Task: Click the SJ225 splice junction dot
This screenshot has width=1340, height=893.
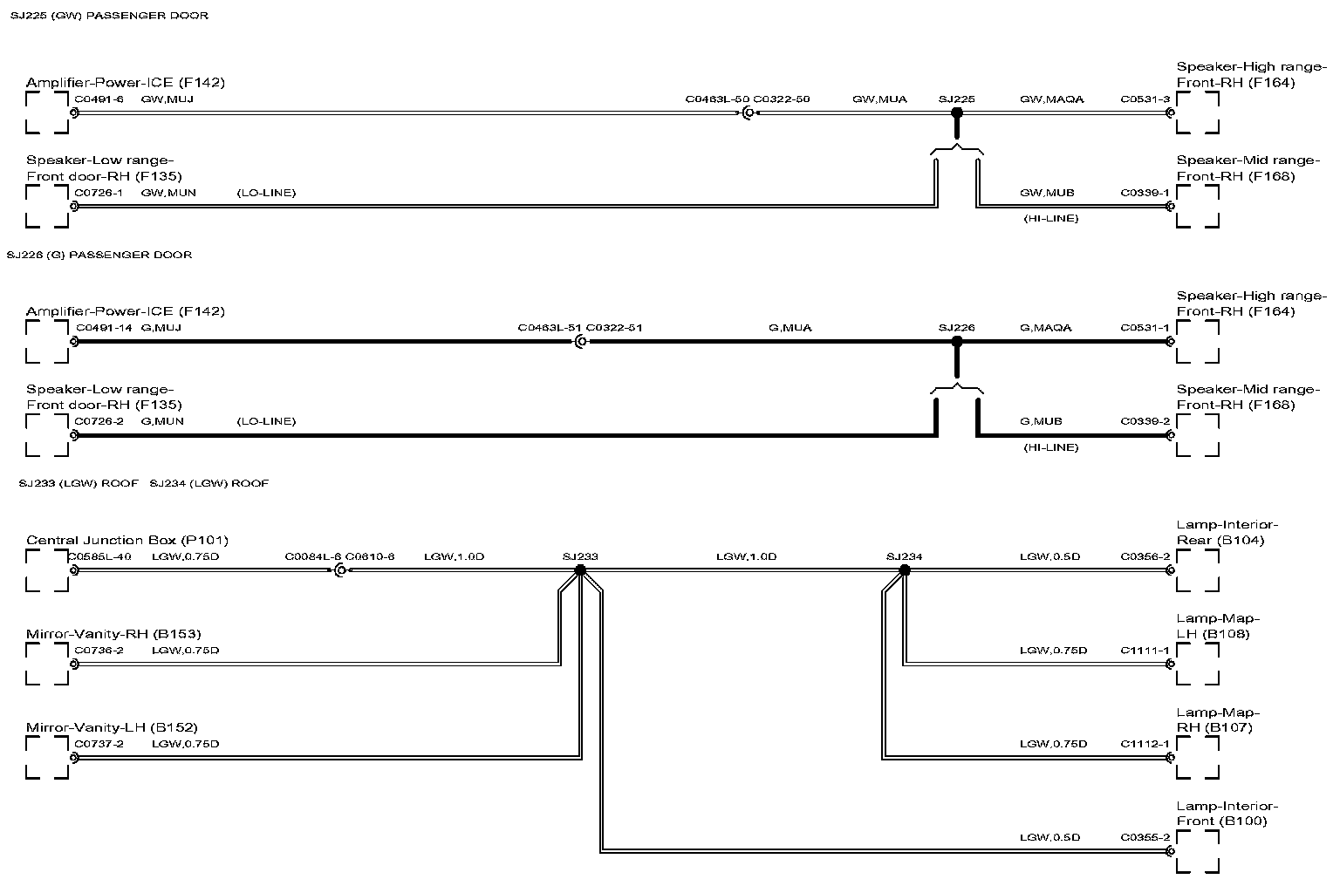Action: point(956,112)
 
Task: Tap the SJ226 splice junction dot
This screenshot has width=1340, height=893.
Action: point(956,342)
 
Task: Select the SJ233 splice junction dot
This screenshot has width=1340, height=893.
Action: point(580,570)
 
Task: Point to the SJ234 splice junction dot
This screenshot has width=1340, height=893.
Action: point(905,570)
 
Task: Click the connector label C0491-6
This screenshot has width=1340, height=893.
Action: point(99,99)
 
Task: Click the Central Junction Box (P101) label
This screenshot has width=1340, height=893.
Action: point(127,540)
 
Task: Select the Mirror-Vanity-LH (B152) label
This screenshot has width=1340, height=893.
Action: point(112,727)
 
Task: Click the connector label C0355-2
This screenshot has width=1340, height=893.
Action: point(1145,838)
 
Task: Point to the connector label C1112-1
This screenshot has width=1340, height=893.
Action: point(1145,744)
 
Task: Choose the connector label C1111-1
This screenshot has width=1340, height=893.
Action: point(1145,651)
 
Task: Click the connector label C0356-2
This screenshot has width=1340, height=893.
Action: point(1145,556)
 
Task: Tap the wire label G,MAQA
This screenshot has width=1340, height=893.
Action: point(1045,328)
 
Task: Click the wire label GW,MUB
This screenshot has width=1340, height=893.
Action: point(1047,193)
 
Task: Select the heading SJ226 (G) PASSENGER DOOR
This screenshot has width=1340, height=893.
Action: point(99,255)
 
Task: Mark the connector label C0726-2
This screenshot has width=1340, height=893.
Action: point(99,421)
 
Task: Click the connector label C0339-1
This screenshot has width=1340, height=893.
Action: point(1145,193)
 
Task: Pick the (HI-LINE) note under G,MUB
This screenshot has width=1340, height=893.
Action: point(1050,447)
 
